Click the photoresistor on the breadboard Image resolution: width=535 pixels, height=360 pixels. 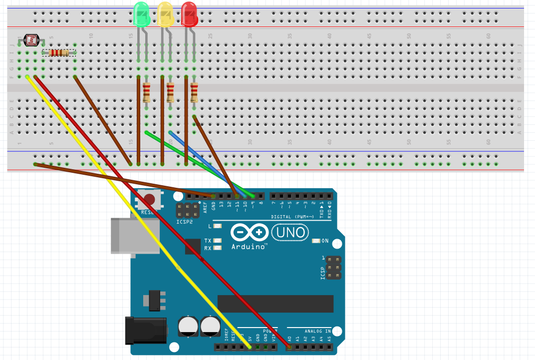(x=30, y=40)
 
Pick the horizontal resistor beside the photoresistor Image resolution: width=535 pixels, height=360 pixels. (x=59, y=52)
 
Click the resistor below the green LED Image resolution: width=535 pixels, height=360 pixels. (x=146, y=92)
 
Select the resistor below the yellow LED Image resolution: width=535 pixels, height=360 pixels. (x=170, y=92)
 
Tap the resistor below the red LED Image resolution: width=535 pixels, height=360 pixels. (x=194, y=92)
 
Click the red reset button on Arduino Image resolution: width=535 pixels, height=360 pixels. (x=149, y=200)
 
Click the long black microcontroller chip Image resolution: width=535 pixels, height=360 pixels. (x=275, y=304)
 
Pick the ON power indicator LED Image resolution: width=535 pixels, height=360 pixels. (x=315, y=241)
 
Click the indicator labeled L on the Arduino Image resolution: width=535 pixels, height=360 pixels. (x=217, y=226)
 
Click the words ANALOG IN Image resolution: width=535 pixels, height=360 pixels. (x=318, y=331)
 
